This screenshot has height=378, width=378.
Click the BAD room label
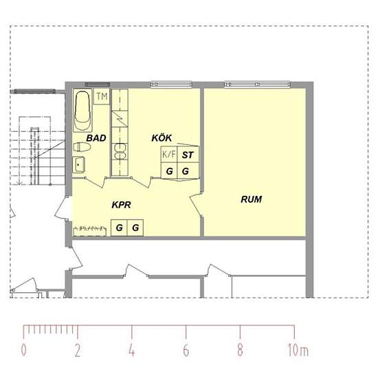pos(96,138)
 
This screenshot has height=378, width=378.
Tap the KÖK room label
pos(162,137)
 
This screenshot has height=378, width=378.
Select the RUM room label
pos(251,199)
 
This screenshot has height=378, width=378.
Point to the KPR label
pos(121,205)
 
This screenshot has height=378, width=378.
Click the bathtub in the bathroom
pos(83,111)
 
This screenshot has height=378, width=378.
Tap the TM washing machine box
pos(102,97)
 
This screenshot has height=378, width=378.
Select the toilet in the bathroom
pos(82,147)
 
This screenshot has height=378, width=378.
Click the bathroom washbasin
pos(79,164)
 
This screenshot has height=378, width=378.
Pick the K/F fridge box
pos(169,154)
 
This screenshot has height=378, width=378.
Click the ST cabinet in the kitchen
pos(188,154)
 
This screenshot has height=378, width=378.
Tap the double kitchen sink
pos(120,152)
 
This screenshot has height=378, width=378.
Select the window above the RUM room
pos(257,85)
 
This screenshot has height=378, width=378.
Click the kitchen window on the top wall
pos(171,85)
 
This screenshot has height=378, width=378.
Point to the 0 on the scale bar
pos(23,350)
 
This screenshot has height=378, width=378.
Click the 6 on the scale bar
pos(186,350)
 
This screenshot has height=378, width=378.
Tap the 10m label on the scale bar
pos(298,350)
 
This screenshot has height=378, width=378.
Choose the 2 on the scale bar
pos(78,350)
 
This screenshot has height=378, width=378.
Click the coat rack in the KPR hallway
pos(89,230)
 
